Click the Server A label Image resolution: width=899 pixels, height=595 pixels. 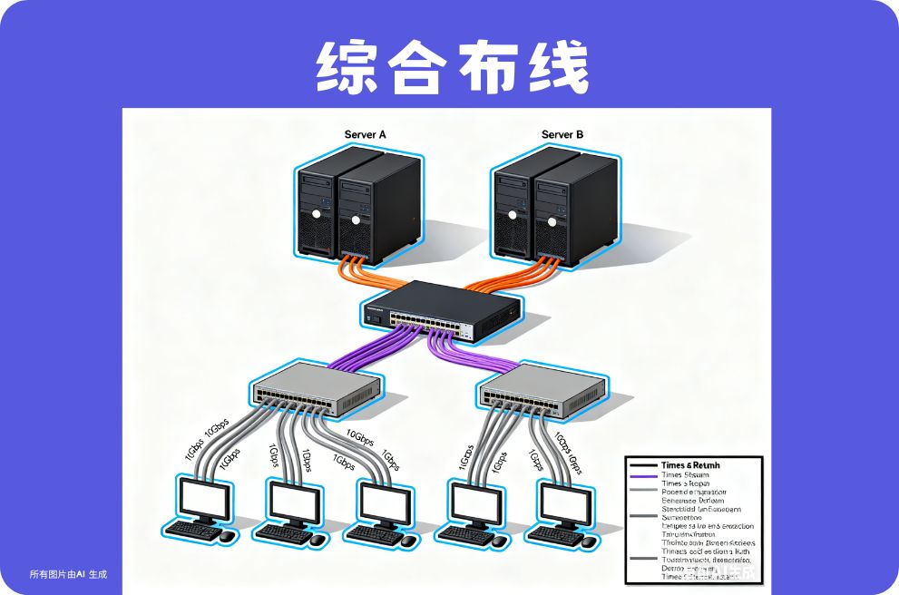[366, 135]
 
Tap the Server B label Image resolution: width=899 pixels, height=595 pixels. [562, 135]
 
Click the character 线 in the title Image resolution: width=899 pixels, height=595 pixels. [555, 66]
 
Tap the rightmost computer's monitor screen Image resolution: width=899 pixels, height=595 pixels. [565, 501]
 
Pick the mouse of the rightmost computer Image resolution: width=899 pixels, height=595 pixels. [589, 541]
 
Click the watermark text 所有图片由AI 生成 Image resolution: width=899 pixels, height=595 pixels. [68, 574]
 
